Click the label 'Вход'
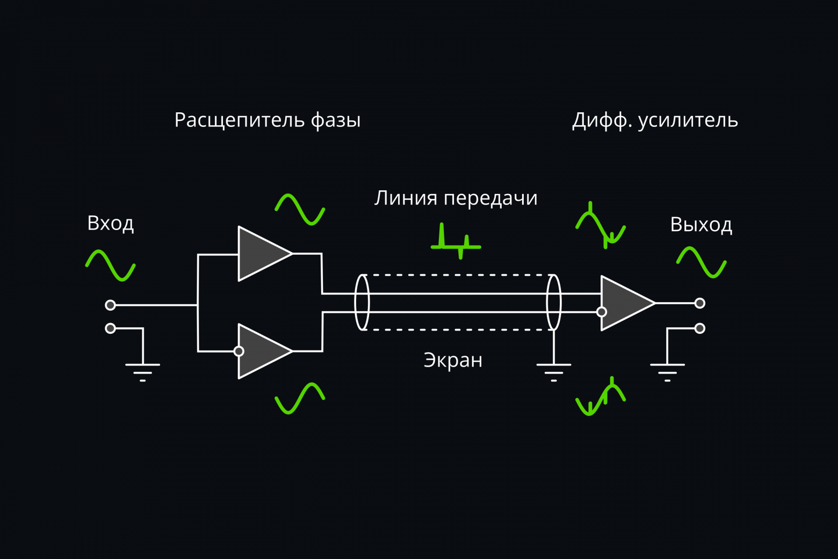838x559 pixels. click(x=110, y=223)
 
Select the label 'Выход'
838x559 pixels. click(x=700, y=224)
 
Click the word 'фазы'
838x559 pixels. click(x=336, y=120)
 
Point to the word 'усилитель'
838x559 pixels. click(x=688, y=120)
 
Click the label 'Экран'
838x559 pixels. click(x=453, y=360)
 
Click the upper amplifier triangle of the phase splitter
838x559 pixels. click(x=261, y=254)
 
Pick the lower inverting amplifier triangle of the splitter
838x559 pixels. click(x=263, y=351)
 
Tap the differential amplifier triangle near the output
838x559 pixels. click(x=624, y=303)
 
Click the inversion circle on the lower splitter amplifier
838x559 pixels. click(x=239, y=351)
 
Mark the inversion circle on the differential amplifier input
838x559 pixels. click(x=602, y=312)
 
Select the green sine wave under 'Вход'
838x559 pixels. click(x=110, y=265)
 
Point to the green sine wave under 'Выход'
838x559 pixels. click(x=701, y=262)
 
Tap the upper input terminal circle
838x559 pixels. click(x=110, y=305)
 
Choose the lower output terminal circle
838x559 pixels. click(x=699, y=328)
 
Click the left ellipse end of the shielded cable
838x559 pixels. click(x=362, y=302)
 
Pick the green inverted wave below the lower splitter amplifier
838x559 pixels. click(x=300, y=398)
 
